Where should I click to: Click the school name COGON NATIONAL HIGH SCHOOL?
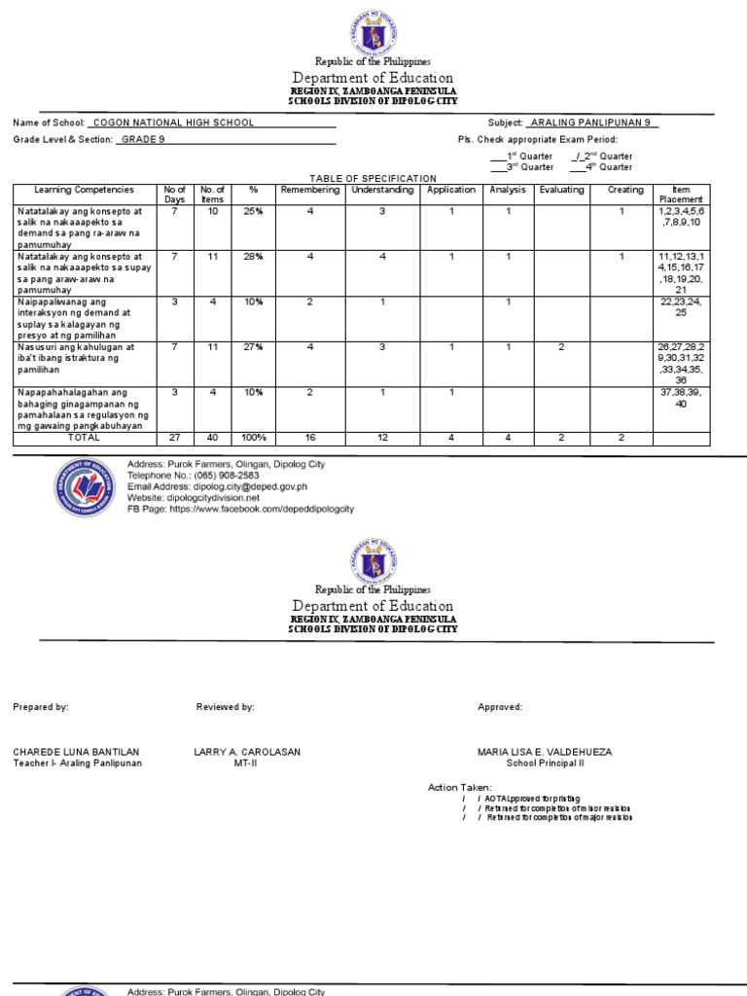pyautogui.click(x=172, y=123)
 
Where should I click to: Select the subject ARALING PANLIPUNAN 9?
pyautogui.click(x=591, y=123)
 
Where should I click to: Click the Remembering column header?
pyautogui.click(x=309, y=190)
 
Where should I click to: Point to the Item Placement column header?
pyautogui.click(x=681, y=195)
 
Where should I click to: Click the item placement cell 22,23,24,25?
pyautogui.click(x=681, y=307)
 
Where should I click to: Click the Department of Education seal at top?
pyautogui.click(x=373, y=33)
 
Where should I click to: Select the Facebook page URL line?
pyautogui.click(x=240, y=509)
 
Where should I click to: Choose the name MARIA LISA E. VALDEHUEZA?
pyautogui.click(x=545, y=752)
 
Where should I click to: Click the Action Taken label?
pyautogui.click(x=460, y=787)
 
